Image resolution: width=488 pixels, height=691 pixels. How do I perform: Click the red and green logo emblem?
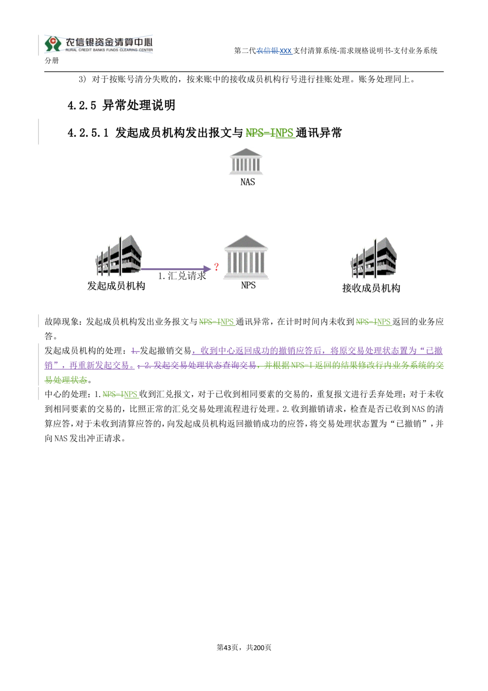click(x=53, y=44)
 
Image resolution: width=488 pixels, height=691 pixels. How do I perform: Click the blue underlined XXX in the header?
click(x=285, y=51)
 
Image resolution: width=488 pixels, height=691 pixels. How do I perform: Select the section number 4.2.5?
click(x=82, y=105)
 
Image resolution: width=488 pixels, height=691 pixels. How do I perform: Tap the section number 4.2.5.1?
click(x=88, y=133)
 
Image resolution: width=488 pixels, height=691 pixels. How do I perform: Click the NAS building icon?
click(x=245, y=161)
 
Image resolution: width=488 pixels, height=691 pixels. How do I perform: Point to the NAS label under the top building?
click(x=247, y=182)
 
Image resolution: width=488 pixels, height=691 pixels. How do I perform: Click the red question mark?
click(x=216, y=267)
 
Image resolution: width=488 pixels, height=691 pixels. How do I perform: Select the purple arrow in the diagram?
click(x=176, y=269)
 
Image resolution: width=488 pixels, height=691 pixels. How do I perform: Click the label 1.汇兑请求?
click(x=182, y=276)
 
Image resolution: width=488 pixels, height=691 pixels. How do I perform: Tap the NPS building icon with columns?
click(x=245, y=257)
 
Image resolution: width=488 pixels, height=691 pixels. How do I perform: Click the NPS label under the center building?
click(x=248, y=285)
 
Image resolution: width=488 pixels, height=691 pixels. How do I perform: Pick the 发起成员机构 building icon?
click(x=119, y=255)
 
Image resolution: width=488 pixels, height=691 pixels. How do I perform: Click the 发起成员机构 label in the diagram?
click(x=116, y=286)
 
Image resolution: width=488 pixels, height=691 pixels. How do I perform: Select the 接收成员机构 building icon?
click(x=373, y=258)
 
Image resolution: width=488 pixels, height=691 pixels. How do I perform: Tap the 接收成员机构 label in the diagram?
click(x=371, y=288)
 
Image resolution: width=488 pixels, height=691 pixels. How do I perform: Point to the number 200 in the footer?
click(x=258, y=648)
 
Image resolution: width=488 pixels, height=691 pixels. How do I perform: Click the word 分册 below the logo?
click(x=51, y=61)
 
